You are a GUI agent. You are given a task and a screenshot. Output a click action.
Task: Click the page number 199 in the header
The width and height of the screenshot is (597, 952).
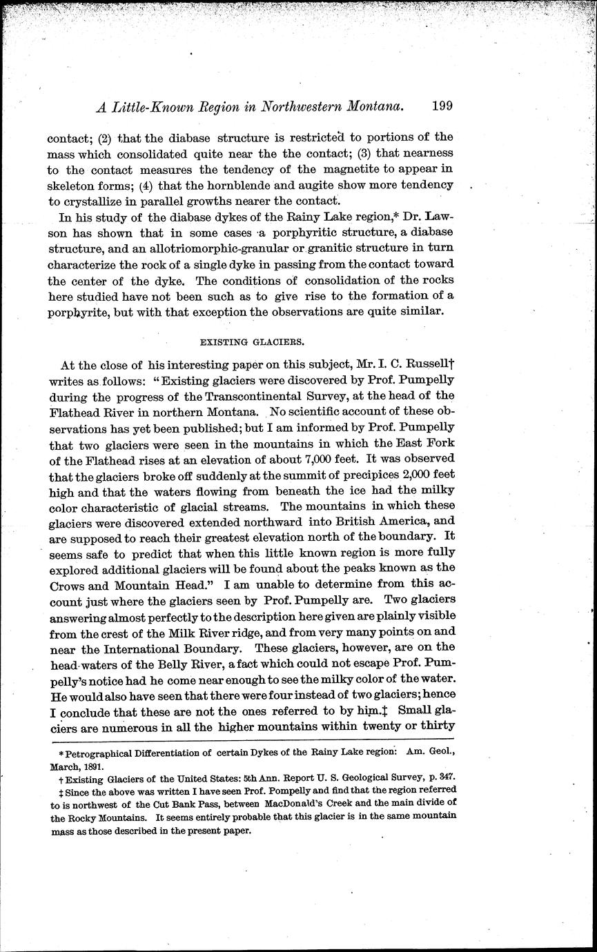[x=442, y=106]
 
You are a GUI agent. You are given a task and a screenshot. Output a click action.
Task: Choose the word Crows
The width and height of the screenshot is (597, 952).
[x=70, y=584]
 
